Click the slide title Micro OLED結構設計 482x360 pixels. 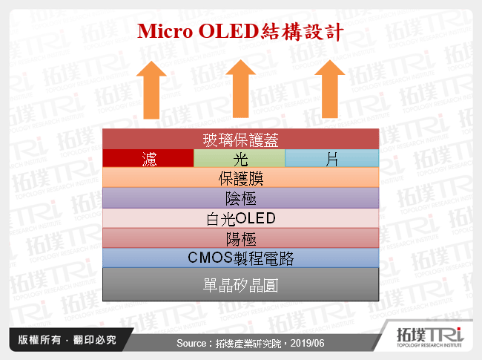tap(240, 31)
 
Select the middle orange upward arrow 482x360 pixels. tap(240, 89)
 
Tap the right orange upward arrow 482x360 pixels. tap(329, 89)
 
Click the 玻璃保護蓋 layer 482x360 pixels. tap(240, 140)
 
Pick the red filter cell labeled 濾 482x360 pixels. tap(148, 159)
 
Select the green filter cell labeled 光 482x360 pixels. tap(240, 159)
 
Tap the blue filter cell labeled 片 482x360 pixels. tap(331, 159)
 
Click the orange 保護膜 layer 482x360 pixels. tap(240, 178)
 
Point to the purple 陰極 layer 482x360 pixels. tap(240, 198)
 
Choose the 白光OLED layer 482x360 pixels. tap(240, 218)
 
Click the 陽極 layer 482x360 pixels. tap(240, 238)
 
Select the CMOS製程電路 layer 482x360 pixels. tap(240, 258)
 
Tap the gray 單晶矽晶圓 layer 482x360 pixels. tap(240, 284)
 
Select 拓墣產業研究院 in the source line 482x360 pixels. tap(248, 344)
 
